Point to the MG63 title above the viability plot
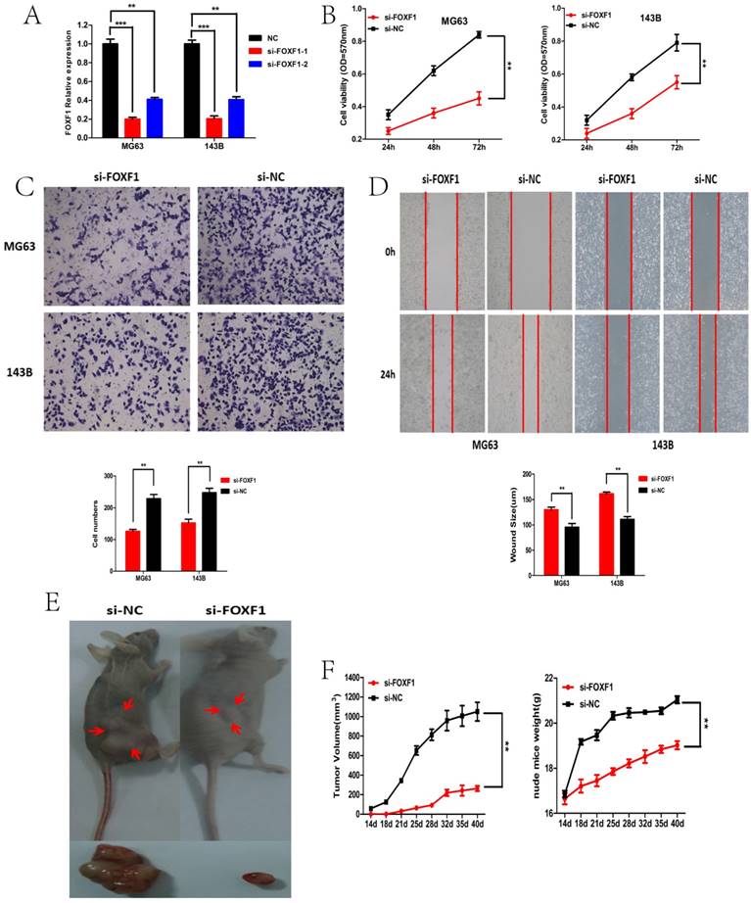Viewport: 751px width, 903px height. [x=457, y=20]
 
